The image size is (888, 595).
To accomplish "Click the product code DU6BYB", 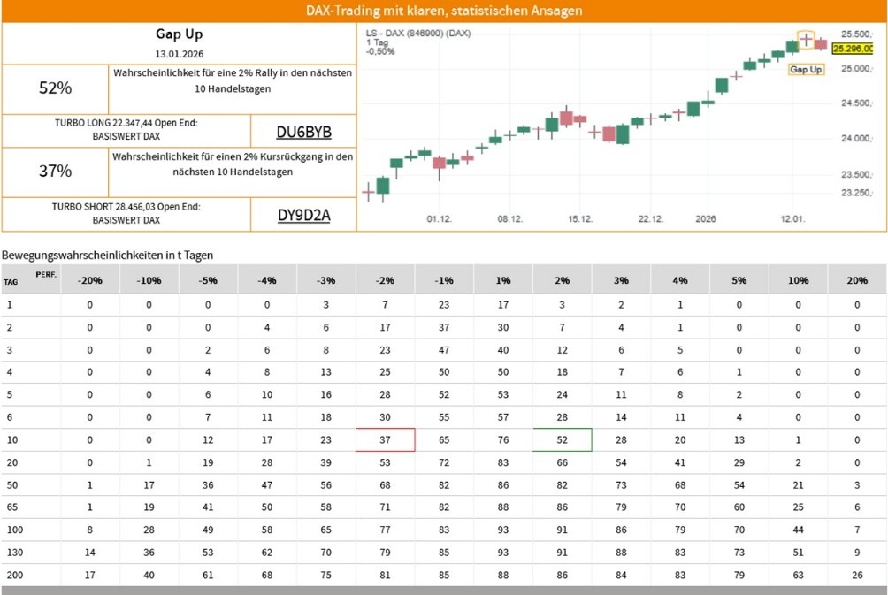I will coord(303,133).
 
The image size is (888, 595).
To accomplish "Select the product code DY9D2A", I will coord(303,214).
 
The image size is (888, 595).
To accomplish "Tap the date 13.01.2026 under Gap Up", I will coord(180,53).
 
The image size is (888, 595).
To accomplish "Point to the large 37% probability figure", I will coord(55,171).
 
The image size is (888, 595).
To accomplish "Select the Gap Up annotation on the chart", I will coord(805,69).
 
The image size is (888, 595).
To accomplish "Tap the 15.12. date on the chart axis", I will coord(579,218).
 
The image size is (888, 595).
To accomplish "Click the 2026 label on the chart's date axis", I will coord(705,218).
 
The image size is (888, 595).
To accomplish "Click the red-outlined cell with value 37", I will coord(385,439).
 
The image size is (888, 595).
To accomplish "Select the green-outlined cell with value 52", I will coord(562,439).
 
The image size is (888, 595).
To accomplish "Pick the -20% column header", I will coord(89,280).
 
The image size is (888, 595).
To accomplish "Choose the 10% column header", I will coord(798,280).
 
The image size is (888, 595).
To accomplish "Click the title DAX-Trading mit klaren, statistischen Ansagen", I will coord(444,11).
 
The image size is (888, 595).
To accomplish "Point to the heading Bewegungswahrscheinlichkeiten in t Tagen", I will coord(108,255).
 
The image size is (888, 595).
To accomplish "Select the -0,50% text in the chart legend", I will coord(380,51).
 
